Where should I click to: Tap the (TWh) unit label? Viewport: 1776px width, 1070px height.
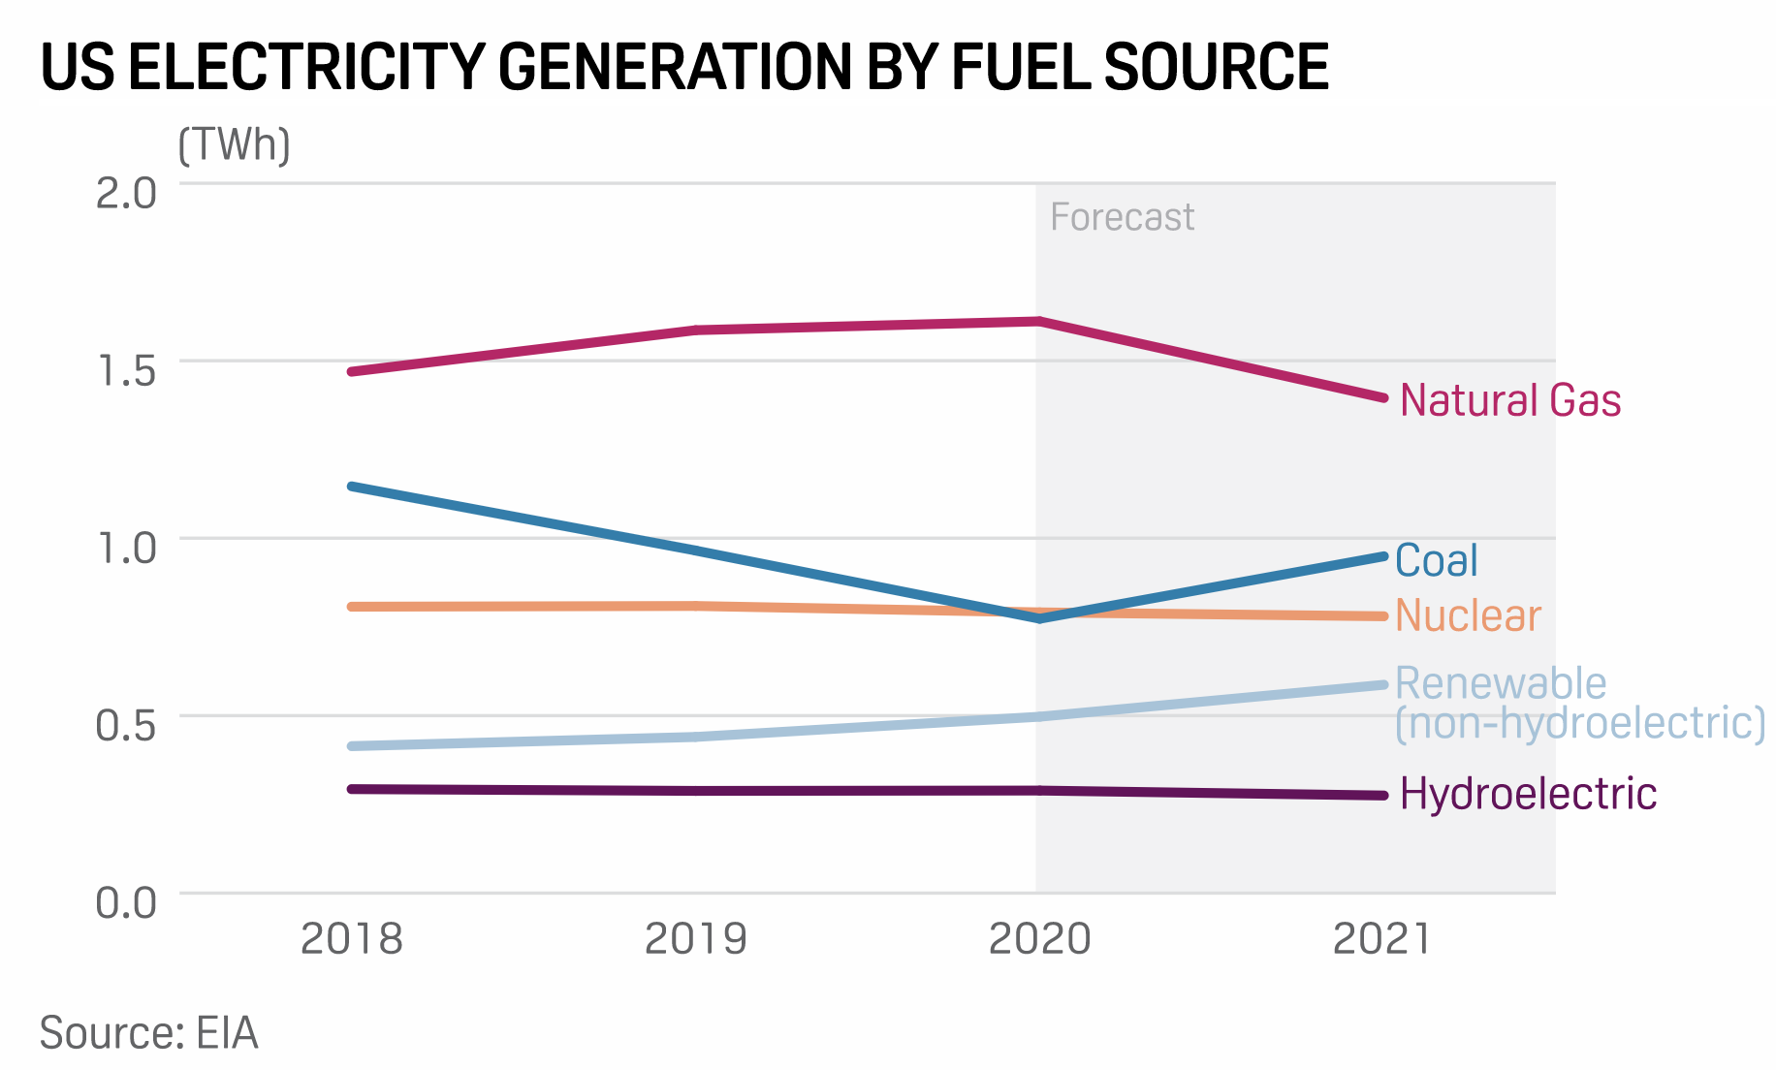tap(235, 144)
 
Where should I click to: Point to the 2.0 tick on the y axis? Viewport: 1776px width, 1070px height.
tap(126, 193)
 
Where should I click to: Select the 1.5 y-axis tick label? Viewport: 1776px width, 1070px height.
tap(126, 369)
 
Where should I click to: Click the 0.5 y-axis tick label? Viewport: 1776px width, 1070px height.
tap(126, 725)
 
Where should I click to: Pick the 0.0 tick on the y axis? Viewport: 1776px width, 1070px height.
tap(126, 902)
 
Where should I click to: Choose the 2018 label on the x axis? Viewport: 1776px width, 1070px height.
tap(352, 939)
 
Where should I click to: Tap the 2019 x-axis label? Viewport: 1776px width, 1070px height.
tap(696, 939)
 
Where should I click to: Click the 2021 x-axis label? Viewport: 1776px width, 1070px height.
tap(1382, 939)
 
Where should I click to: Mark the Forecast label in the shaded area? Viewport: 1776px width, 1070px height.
tap(1122, 217)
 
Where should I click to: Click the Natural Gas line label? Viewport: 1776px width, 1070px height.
tap(1510, 400)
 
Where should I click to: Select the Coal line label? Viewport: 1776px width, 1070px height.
tap(1437, 560)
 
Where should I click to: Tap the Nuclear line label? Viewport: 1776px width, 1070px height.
tap(1468, 615)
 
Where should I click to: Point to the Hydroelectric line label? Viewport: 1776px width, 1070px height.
tap(1529, 794)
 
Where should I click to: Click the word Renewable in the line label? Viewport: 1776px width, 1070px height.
tap(1501, 683)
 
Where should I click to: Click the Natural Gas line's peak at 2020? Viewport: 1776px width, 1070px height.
tap(1038, 321)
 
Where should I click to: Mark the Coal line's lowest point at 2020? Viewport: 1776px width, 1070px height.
tap(1038, 617)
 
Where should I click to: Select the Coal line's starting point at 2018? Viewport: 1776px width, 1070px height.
tap(352, 486)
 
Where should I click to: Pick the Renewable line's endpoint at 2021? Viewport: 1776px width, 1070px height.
tap(1382, 685)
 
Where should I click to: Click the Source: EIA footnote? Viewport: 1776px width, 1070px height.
tap(149, 1033)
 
